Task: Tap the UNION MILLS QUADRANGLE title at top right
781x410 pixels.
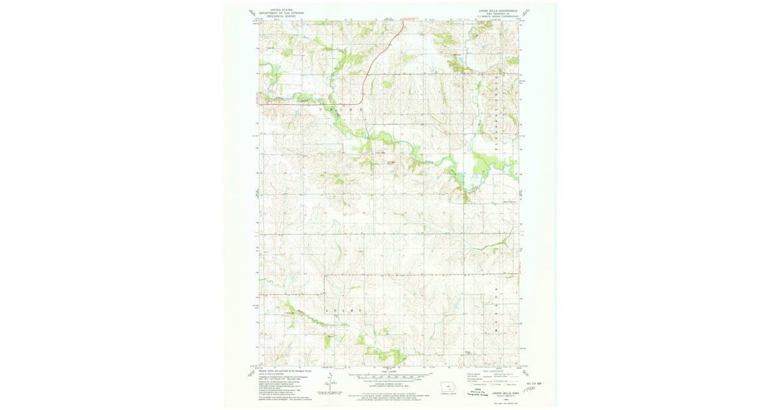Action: point(497,10)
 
